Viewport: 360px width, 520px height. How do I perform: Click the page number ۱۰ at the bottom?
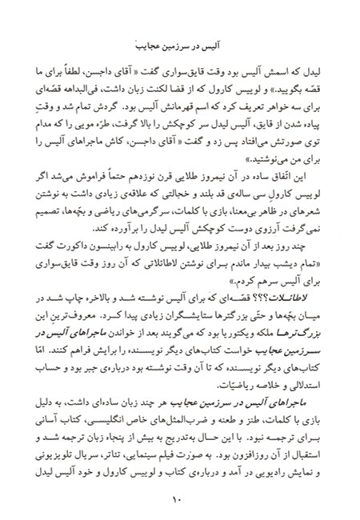click(x=179, y=499)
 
